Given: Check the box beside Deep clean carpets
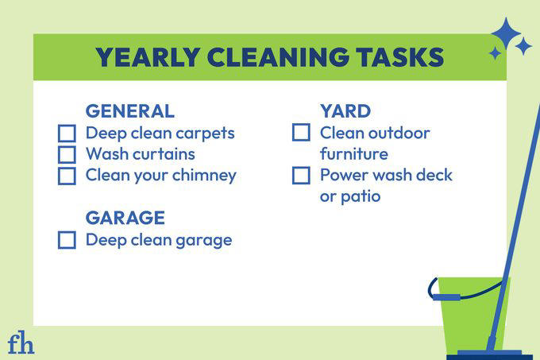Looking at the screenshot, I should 67,134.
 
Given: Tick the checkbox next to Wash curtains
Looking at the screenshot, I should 67,154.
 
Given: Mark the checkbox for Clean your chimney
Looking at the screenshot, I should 67,176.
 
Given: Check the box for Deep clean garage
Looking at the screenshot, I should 67,240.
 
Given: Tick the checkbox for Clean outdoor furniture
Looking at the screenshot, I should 301,134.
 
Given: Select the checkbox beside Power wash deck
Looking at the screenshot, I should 301,176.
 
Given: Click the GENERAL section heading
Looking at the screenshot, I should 129,111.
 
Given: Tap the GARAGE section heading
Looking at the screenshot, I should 125,218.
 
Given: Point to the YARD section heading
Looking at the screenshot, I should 345,111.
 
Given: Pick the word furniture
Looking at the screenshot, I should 354,153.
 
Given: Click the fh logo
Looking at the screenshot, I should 21,343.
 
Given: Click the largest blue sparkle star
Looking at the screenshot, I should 505,34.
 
